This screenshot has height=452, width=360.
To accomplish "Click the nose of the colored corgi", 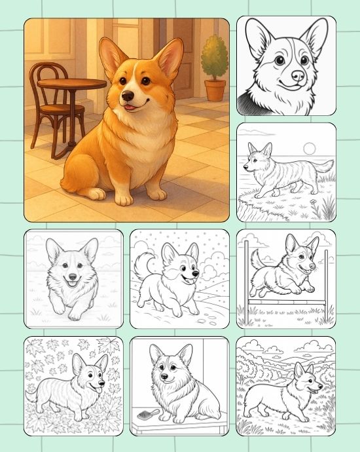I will point(126,96).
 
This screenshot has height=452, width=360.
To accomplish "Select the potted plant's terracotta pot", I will point(213,90).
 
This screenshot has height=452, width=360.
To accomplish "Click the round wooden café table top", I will point(71,84).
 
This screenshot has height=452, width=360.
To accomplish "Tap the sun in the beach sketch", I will point(310,148).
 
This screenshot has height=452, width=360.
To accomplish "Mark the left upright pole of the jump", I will point(246,278).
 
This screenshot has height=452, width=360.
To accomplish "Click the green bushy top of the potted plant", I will point(213,56).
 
